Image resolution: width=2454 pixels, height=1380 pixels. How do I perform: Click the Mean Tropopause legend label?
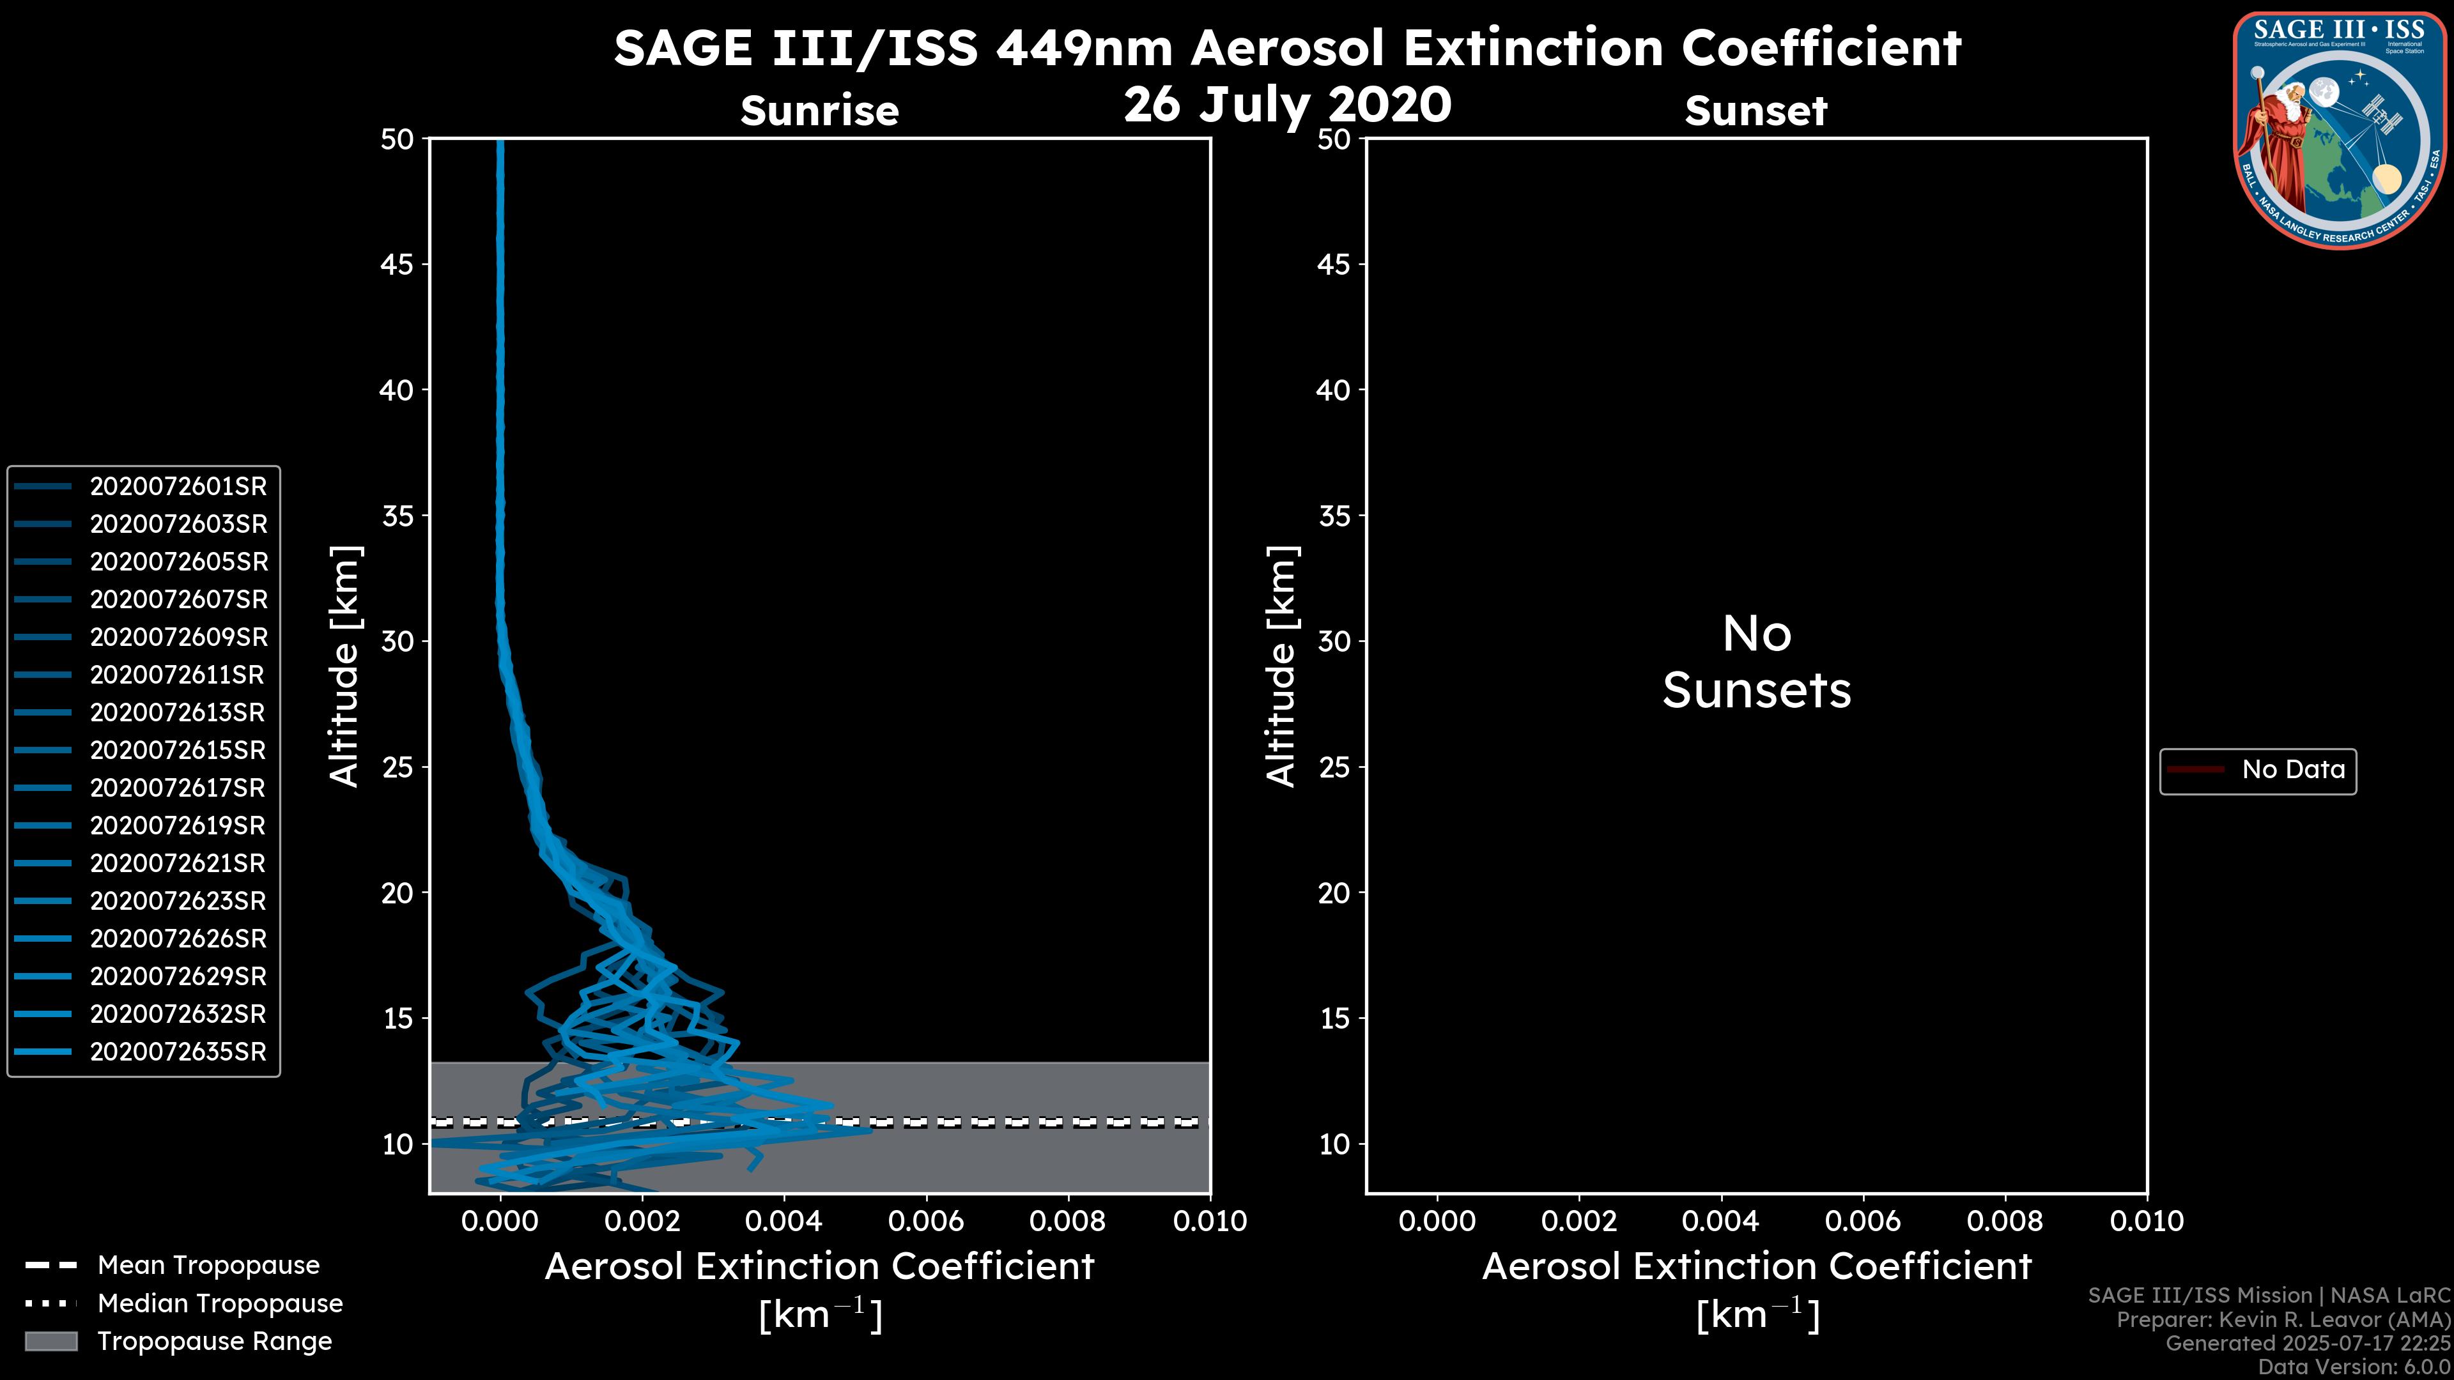click(x=208, y=1266)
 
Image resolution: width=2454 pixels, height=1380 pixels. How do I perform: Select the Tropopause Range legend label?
click(x=214, y=1342)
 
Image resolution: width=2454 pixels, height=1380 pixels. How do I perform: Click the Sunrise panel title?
click(x=819, y=111)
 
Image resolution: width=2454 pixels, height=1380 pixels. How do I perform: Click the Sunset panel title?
click(x=1756, y=111)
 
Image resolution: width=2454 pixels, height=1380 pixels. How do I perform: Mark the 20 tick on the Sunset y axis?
click(x=1334, y=893)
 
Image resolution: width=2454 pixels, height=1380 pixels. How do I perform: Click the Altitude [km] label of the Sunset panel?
click(x=1281, y=666)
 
